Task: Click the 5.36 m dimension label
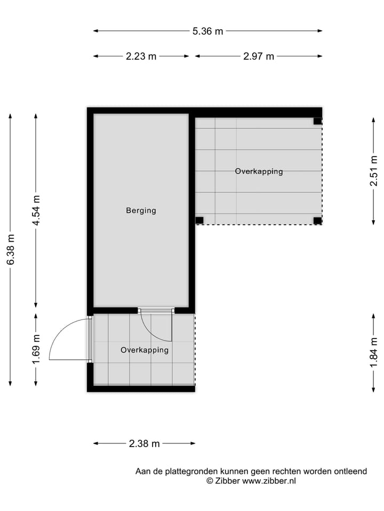207,31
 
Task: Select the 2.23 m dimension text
141,56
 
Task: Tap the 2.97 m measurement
259,56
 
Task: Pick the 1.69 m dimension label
36,349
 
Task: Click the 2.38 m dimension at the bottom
145,443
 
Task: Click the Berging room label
141,210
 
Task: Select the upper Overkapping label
259,171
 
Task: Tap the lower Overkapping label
145,350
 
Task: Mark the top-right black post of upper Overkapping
317,121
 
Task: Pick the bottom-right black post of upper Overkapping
317,220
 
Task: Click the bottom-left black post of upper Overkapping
199,220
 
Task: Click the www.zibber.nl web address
269,481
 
